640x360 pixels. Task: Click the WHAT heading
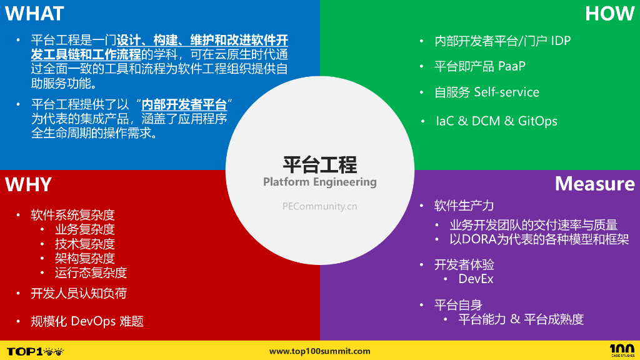coord(35,13)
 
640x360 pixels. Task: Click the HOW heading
coord(609,13)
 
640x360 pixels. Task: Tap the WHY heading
coord(29,184)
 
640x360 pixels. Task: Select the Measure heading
coord(594,183)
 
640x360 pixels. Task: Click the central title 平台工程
coord(319,164)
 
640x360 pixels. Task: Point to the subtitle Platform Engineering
coord(319,182)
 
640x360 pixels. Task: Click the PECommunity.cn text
coord(319,206)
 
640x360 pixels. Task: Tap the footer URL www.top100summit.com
coord(319,351)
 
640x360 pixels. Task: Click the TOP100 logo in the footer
coord(35,351)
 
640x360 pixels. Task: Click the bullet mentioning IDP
coord(502,41)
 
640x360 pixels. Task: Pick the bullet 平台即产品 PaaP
coord(479,66)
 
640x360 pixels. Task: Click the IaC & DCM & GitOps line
coord(496,121)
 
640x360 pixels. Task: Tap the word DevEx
coord(476,279)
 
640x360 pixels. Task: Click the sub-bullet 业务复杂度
coord(84,229)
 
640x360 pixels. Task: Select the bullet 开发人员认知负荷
coord(79,293)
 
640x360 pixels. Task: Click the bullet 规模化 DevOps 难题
coord(87,321)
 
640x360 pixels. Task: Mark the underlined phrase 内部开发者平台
coord(184,104)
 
